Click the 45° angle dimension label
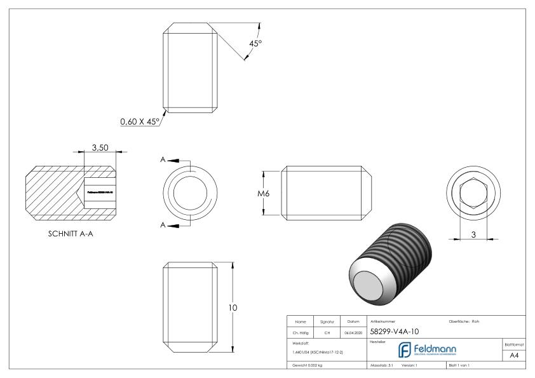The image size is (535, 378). click(x=255, y=44)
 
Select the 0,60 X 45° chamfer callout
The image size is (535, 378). click(x=139, y=120)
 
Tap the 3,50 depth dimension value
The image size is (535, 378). click(x=100, y=147)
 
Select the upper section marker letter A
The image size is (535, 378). click(x=163, y=160)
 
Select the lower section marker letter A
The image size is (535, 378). click(x=163, y=225)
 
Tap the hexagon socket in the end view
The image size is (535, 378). click(x=471, y=193)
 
